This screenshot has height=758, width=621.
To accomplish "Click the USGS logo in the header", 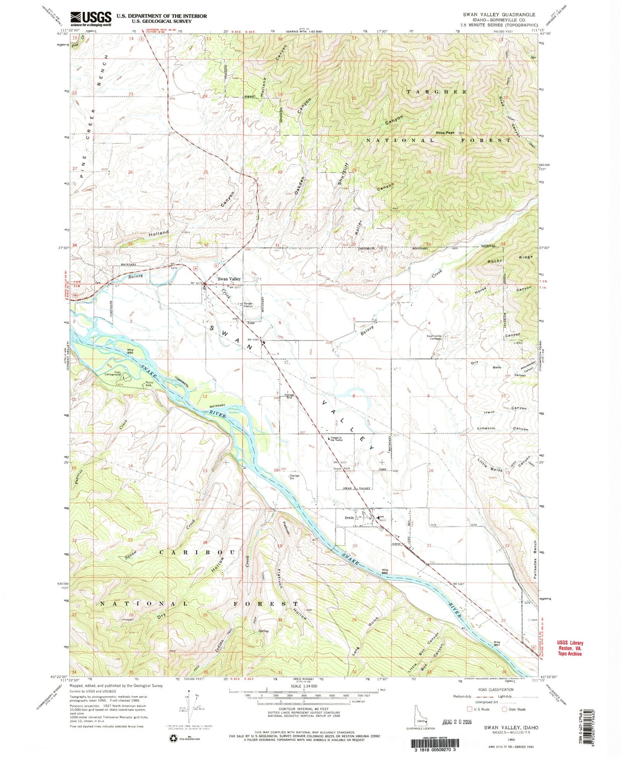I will click(91, 18).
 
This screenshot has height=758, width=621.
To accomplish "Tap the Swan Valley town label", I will click(229, 279).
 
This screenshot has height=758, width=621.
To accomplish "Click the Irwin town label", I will click(349, 518).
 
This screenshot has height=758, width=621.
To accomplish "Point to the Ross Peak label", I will click(445, 133).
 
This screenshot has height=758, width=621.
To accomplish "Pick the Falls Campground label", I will click(112, 373).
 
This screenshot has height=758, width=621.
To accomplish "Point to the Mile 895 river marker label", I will click(385, 571).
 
